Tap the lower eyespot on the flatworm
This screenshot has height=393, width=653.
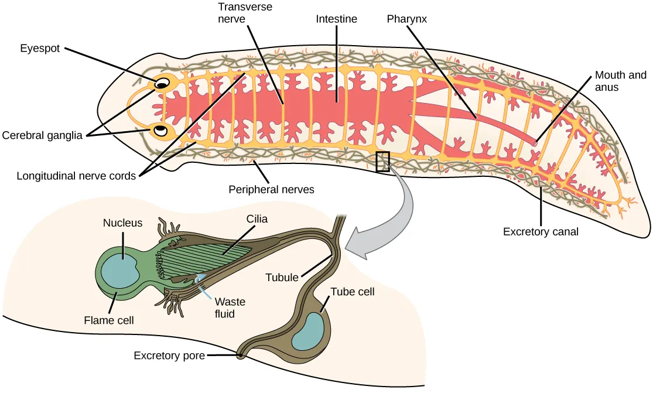162,129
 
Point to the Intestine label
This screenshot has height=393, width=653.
336,19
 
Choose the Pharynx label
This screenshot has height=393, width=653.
406,19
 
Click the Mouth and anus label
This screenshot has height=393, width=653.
620,81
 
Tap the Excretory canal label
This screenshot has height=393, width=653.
541,232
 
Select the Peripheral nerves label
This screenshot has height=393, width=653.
272,190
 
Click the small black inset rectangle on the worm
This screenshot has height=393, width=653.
382,162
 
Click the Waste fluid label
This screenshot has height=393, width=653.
230,308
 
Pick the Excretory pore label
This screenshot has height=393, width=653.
169,356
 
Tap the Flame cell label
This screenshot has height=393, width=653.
109,320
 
